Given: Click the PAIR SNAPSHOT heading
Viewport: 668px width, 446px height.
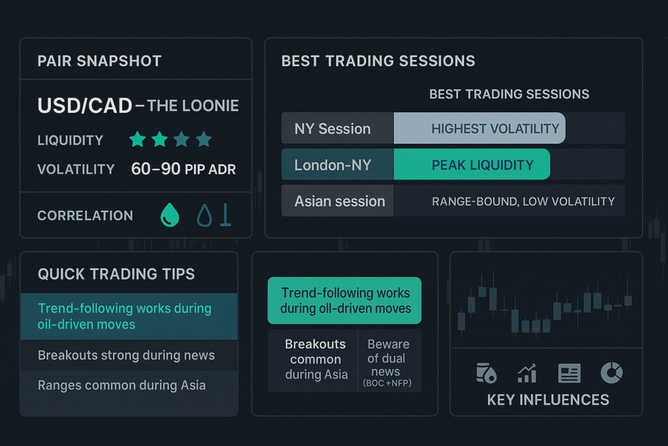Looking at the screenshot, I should [x=99, y=61].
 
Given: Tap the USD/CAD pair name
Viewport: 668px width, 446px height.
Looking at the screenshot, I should [x=84, y=106].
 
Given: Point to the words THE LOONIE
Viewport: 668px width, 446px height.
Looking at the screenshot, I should [x=193, y=106].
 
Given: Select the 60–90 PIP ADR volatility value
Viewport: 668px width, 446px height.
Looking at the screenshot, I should [x=183, y=169].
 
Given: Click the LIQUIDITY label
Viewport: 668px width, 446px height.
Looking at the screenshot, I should [x=70, y=140].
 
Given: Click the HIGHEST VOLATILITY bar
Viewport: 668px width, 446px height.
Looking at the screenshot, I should [x=479, y=129].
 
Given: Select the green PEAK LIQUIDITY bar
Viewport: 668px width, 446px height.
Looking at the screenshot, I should [x=472, y=165].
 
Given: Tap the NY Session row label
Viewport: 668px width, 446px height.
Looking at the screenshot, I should [x=333, y=129].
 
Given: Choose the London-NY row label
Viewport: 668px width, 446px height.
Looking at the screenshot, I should [x=333, y=165].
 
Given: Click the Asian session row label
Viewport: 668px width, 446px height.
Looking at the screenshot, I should [x=339, y=201].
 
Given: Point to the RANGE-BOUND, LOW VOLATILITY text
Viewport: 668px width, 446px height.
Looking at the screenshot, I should [x=523, y=201].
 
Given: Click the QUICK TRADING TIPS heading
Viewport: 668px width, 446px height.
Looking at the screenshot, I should [x=116, y=274].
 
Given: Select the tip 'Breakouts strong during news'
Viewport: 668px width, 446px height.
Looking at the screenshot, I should [x=126, y=355].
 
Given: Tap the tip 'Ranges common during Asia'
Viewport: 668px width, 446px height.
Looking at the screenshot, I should [x=121, y=385].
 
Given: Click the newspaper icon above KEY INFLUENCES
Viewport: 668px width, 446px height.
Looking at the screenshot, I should [x=569, y=374].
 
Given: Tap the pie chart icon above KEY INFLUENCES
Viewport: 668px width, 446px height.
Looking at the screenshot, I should [x=611, y=373].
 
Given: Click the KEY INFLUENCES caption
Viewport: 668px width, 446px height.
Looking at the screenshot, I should [x=548, y=400].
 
